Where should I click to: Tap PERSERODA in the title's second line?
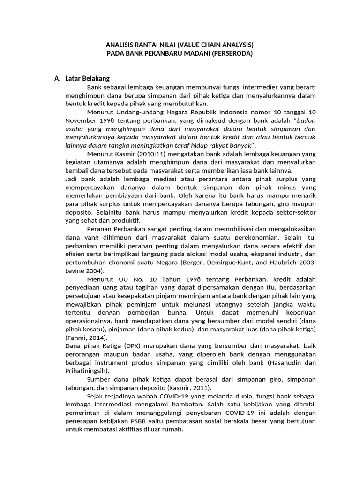(232, 53)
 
